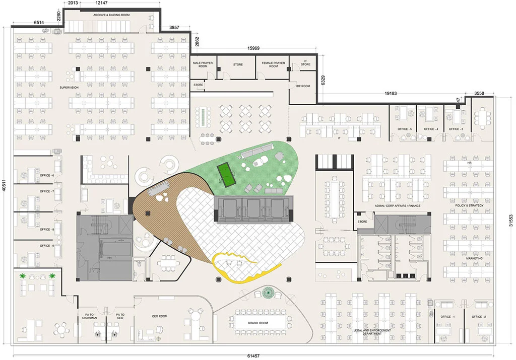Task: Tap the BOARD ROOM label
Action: pyautogui.click(x=258, y=322)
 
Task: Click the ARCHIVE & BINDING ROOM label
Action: pyautogui.click(x=111, y=15)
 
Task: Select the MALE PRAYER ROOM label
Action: pyautogui.click(x=203, y=64)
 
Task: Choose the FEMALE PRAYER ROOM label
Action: pyautogui.click(x=273, y=64)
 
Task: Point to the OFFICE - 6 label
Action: pyautogui.click(x=47, y=175)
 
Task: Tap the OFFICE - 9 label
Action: pyautogui.click(x=47, y=246)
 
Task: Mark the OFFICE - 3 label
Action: pyautogui.click(x=456, y=129)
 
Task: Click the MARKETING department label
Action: pyautogui.click(x=474, y=259)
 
